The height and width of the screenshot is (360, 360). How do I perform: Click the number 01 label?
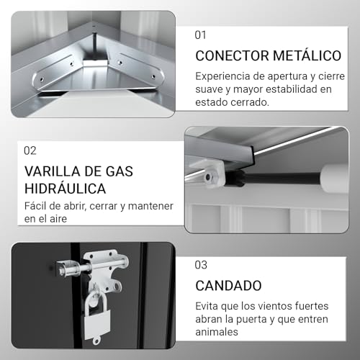tap(202, 34)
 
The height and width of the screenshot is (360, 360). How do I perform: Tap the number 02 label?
tap(30, 150)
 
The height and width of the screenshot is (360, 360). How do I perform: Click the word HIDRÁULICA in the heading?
tap(66, 189)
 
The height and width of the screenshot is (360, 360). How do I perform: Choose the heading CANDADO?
tap(228, 286)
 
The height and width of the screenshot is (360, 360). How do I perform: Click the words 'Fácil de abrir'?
tap(55, 207)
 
